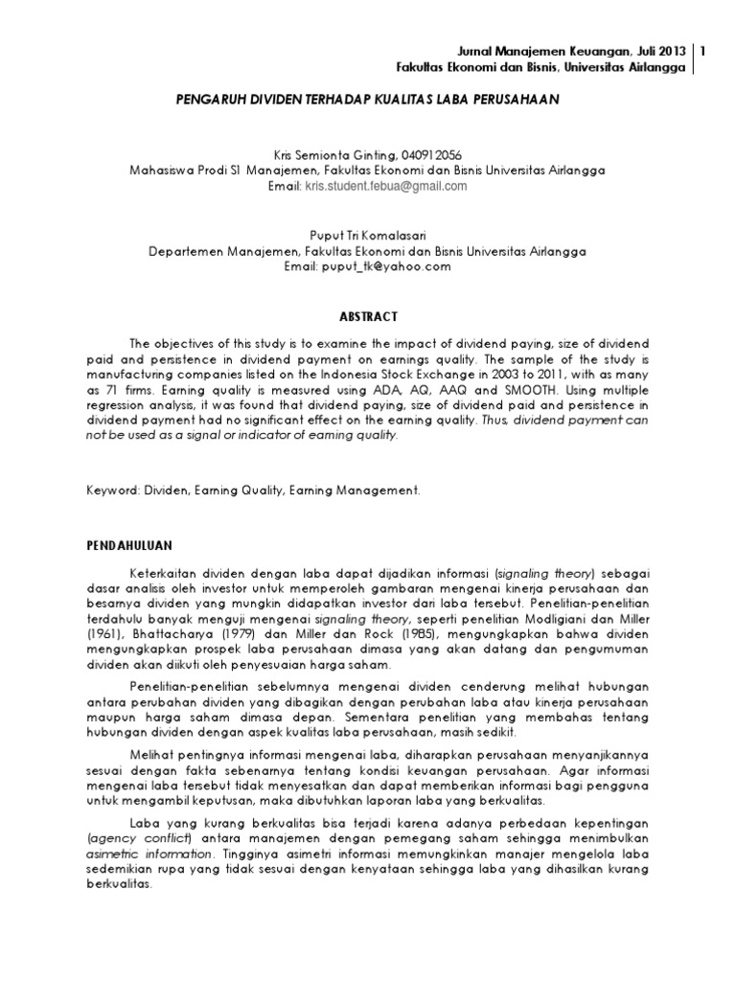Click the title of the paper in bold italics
click(368, 99)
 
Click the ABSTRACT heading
click(368, 316)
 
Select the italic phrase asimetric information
click(147, 853)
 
